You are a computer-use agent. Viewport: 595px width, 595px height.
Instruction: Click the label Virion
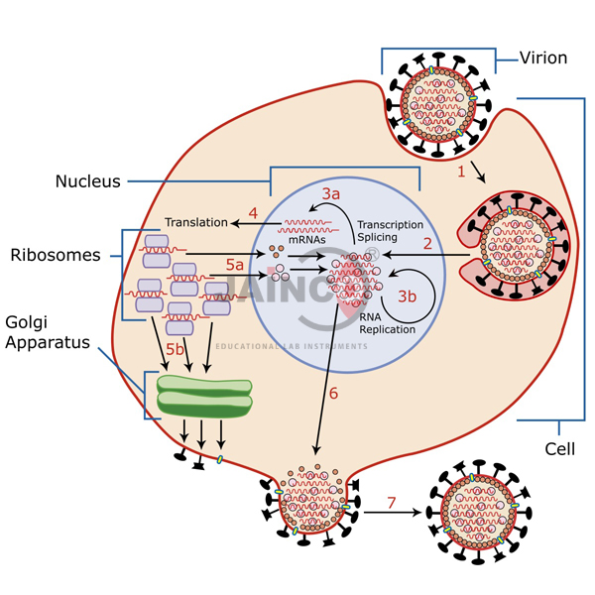click(543, 58)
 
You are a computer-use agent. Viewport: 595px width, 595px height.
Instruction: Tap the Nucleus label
click(88, 181)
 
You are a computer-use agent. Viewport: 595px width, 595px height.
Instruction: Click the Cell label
click(560, 449)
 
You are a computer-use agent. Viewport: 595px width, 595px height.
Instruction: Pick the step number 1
click(459, 171)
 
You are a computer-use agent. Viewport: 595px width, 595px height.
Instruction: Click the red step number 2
click(428, 242)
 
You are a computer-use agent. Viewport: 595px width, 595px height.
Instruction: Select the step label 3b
click(408, 296)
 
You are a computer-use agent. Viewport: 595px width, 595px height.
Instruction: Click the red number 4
click(254, 212)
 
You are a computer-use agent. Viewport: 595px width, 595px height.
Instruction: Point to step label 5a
click(234, 265)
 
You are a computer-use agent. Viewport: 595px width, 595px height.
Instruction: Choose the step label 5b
click(175, 349)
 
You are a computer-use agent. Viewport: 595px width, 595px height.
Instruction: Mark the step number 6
click(333, 393)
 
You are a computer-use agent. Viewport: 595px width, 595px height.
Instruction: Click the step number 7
click(392, 503)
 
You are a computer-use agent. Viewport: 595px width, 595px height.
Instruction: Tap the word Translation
click(195, 222)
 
